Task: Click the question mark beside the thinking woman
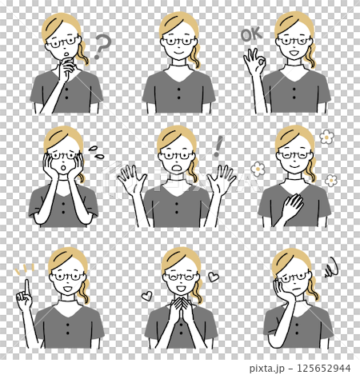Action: (101, 47)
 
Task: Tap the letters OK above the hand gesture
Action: (251, 34)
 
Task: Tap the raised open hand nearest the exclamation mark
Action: (222, 179)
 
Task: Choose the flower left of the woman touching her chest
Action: (258, 169)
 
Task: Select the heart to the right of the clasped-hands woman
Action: (214, 277)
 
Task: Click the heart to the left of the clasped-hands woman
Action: (147, 295)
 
